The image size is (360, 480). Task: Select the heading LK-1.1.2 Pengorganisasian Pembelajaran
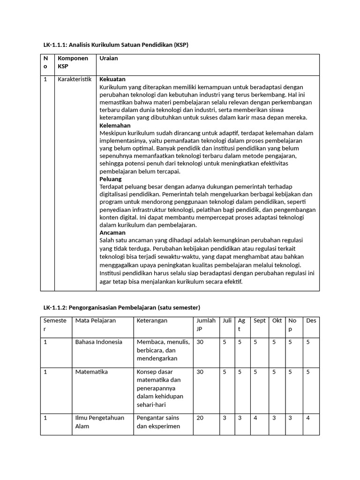click(121, 307)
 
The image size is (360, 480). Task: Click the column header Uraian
click(109, 58)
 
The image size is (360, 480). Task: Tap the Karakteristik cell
click(74, 79)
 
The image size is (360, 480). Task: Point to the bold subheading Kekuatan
click(112, 79)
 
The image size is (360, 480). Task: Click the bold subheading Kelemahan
click(115, 126)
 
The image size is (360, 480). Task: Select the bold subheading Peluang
click(111, 179)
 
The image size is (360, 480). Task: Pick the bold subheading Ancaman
click(112, 232)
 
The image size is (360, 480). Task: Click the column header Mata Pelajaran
click(96, 321)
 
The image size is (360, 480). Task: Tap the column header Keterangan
click(152, 321)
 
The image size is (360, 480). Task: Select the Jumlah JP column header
click(206, 325)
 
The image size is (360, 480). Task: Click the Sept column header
click(259, 321)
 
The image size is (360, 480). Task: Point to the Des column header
click(311, 321)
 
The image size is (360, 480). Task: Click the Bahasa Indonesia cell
click(98, 342)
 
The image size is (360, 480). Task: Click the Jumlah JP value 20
click(200, 418)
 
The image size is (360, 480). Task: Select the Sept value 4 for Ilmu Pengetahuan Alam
click(255, 418)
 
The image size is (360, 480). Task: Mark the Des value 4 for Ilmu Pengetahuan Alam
click(308, 418)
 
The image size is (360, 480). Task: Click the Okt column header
click(277, 321)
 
